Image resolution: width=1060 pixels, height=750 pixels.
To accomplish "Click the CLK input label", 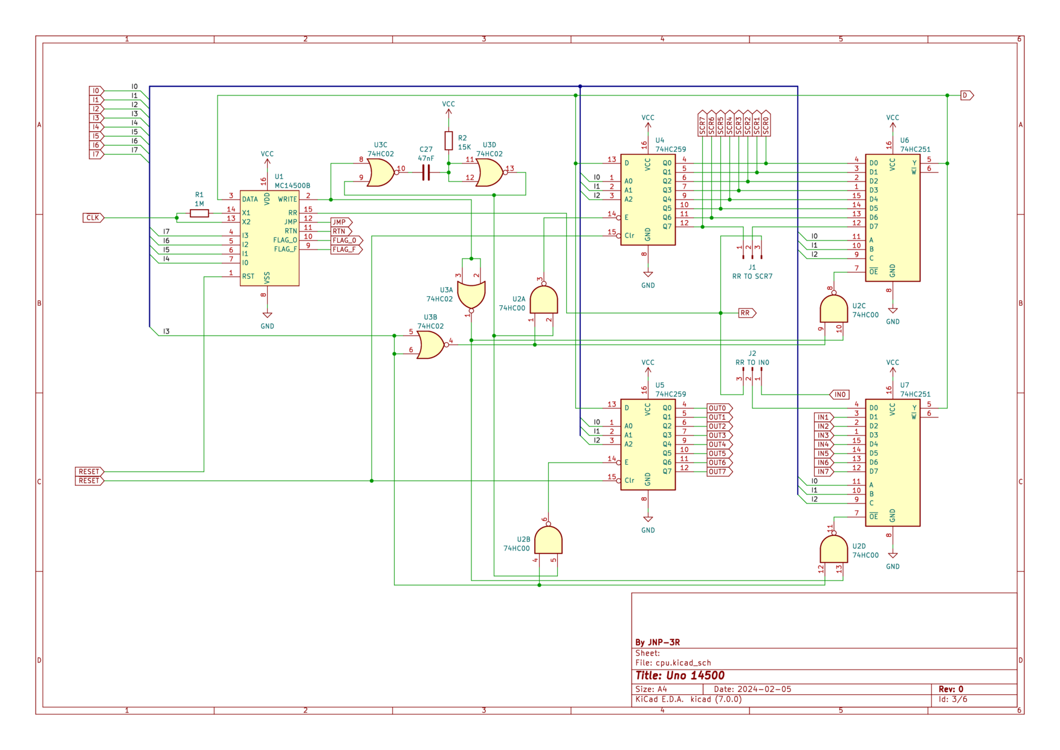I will point(92,218).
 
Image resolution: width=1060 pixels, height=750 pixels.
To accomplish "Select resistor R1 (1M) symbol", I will point(199,213).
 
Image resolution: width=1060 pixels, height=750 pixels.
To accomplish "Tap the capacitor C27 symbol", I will point(425,173).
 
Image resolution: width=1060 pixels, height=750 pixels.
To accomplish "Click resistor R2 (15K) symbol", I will point(448,141).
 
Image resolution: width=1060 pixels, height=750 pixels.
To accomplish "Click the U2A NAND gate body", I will point(543,300).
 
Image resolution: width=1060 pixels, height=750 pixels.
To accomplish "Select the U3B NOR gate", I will point(430,345).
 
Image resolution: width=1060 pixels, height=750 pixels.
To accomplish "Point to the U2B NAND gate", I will point(548,540).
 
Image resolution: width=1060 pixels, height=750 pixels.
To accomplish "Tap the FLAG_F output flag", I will point(346,250).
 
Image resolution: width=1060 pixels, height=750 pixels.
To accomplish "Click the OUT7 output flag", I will point(719,472).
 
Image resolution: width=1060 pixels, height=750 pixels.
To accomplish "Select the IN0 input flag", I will point(839,395).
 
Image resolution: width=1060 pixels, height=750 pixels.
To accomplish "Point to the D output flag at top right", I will point(967,95).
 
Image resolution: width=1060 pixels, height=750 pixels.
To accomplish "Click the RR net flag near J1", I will point(746,313).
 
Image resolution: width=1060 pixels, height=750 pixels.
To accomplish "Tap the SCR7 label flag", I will point(702,124).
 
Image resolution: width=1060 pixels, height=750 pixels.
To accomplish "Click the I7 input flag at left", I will point(95,155).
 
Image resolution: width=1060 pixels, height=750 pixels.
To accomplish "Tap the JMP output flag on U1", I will point(341,222).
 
